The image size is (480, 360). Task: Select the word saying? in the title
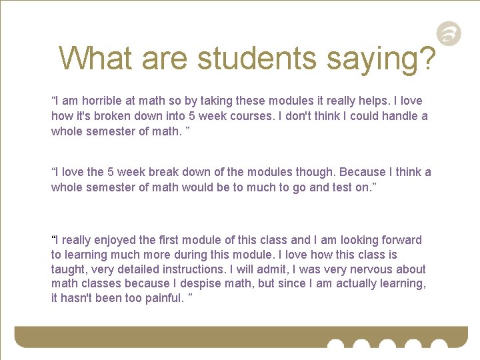pyautogui.click(x=381, y=59)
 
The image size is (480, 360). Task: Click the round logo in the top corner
pyautogui.click(x=449, y=33)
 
